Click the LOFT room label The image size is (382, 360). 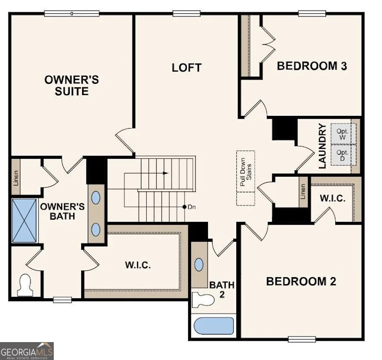[186, 67]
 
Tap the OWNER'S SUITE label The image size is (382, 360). [72, 85]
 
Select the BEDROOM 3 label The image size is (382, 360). [312, 66]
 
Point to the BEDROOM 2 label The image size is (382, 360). [301, 281]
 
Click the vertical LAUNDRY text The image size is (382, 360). [323, 146]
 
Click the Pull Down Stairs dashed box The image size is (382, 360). [245, 178]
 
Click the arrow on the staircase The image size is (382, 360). [165, 173]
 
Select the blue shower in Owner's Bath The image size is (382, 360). [24, 221]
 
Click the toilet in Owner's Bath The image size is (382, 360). [25, 285]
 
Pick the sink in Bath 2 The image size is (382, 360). [199, 264]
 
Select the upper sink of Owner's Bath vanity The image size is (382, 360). [96, 197]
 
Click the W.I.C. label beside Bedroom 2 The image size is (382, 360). [332, 198]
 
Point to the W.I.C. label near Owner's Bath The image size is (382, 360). [138, 265]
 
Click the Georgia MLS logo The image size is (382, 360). [27, 351]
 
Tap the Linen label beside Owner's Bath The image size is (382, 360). [15, 176]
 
